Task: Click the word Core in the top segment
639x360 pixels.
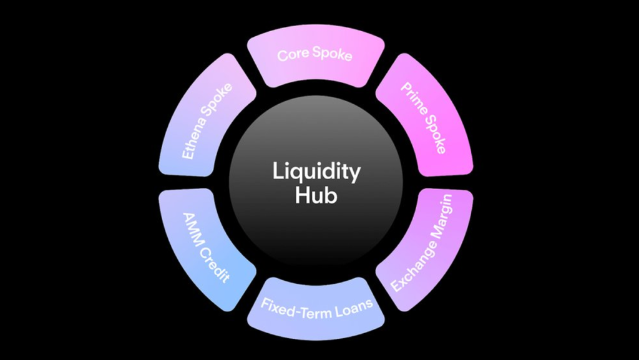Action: (293, 54)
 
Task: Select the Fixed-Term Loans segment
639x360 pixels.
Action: (316, 308)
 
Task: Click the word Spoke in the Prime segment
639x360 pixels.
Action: (435, 135)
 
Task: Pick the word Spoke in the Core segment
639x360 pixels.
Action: (332, 55)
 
